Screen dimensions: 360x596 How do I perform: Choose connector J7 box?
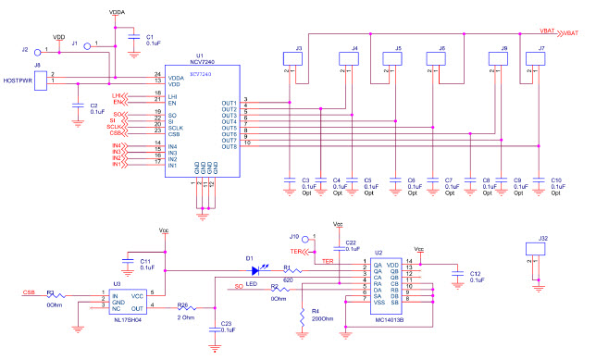[535, 59]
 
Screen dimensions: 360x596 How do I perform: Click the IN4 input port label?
[118, 145]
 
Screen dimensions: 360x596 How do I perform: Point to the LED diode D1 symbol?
[251, 271]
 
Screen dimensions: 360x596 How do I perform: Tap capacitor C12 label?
[476, 275]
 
